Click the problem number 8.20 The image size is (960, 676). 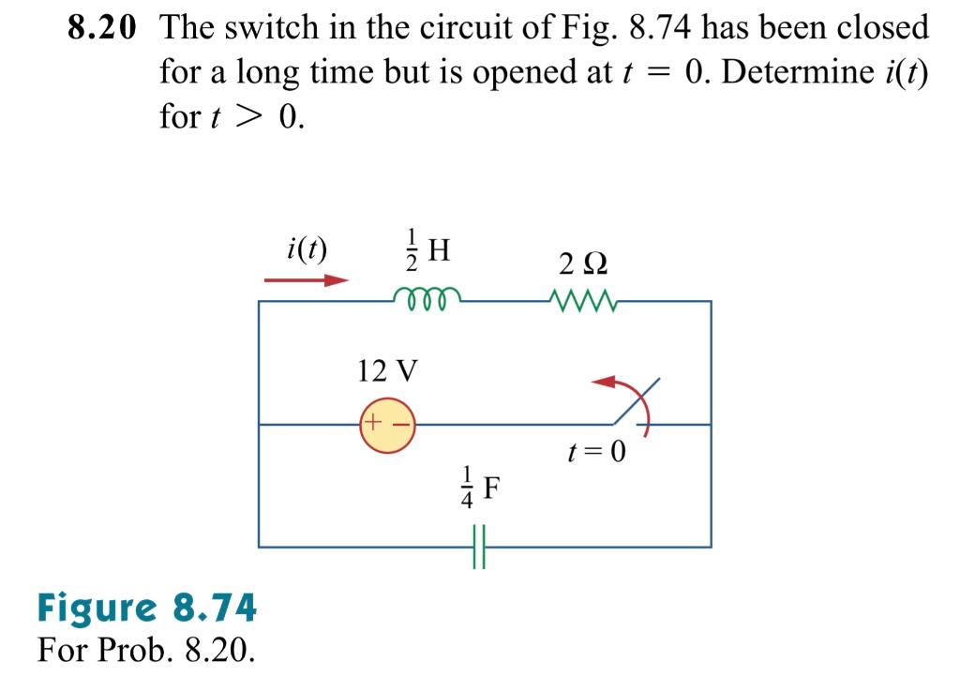point(100,27)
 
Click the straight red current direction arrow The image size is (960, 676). point(307,279)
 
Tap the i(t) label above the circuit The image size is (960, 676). point(307,248)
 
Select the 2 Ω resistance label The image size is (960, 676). point(582,262)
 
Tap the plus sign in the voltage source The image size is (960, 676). point(371,423)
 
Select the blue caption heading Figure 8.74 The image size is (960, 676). point(146,608)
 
